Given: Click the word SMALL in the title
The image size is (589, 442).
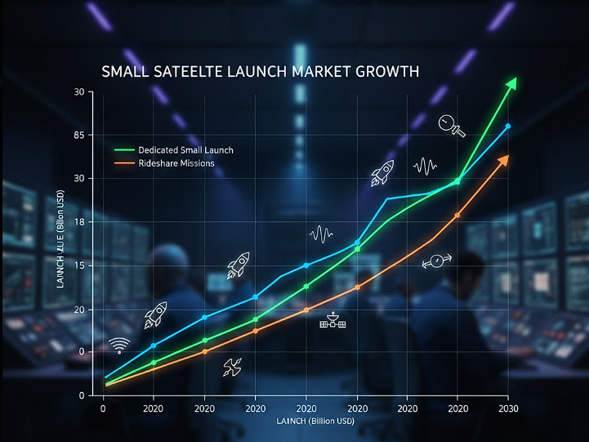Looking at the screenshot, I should coord(124,72).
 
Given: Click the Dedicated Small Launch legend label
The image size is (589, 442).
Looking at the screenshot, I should coord(185,150).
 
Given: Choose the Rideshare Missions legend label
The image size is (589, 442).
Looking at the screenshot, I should coord(176,163).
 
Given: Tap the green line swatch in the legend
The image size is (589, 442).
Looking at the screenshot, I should coord(124,150).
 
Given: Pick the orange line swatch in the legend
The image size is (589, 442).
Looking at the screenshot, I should coord(124,163).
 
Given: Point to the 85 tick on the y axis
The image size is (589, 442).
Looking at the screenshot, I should coord(79,135).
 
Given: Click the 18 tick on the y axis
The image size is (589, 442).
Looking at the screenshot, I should coord(79,221).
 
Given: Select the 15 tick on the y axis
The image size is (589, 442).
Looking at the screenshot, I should coord(79,266).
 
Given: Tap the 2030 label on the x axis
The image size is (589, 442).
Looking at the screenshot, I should coord(508,408).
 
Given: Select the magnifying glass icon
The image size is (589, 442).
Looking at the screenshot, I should coord(449,124).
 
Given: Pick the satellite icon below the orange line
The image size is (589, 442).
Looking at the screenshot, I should coord(332,321).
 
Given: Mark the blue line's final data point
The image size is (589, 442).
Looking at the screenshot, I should coord(508,126).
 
